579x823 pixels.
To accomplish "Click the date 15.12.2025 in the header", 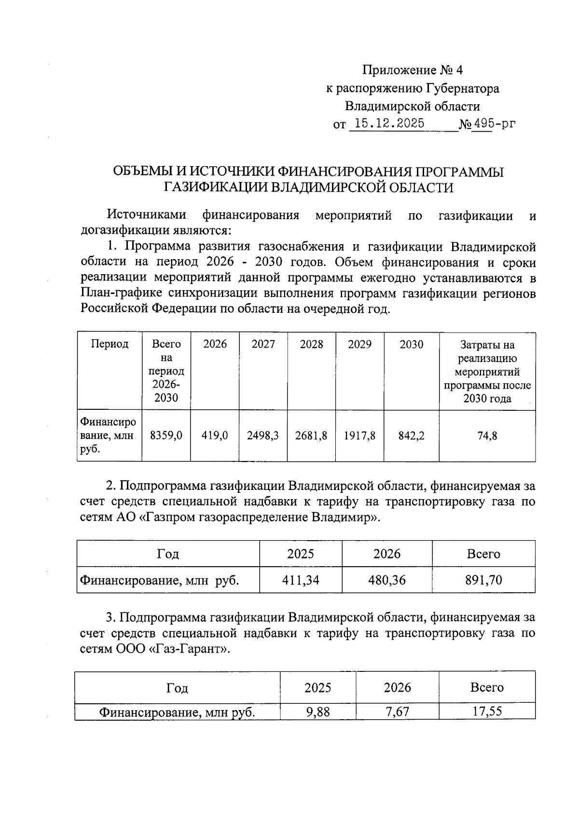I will [386, 124].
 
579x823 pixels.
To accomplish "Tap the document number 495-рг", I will [494, 124].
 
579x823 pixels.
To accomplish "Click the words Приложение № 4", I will [413, 70].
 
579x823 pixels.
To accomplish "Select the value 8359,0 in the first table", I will [166, 436].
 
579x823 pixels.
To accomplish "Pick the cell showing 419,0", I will [215, 436].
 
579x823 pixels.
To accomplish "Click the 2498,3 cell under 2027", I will [263, 436].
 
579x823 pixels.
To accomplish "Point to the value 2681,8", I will [311, 436].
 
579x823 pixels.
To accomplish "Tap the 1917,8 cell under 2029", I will [359, 436].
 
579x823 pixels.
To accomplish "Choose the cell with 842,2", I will [412, 436].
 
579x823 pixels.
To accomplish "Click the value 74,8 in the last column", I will [487, 436].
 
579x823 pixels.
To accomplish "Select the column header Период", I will [110, 344].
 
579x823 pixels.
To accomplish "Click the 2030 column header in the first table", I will [412, 344].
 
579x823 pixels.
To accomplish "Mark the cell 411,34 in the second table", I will [301, 580].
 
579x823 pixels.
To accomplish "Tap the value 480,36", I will [387, 580].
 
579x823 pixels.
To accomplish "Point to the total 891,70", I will [483, 580].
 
